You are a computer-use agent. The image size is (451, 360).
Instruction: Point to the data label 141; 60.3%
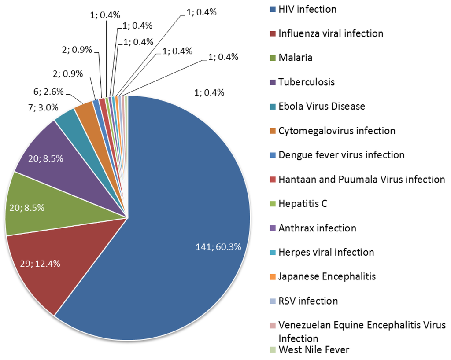tap(218, 246)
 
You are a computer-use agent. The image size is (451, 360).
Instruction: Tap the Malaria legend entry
tap(295, 58)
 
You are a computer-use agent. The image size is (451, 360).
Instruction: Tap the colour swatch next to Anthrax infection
tap(272, 228)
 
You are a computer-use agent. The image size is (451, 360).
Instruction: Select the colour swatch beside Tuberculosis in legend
tap(272, 82)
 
